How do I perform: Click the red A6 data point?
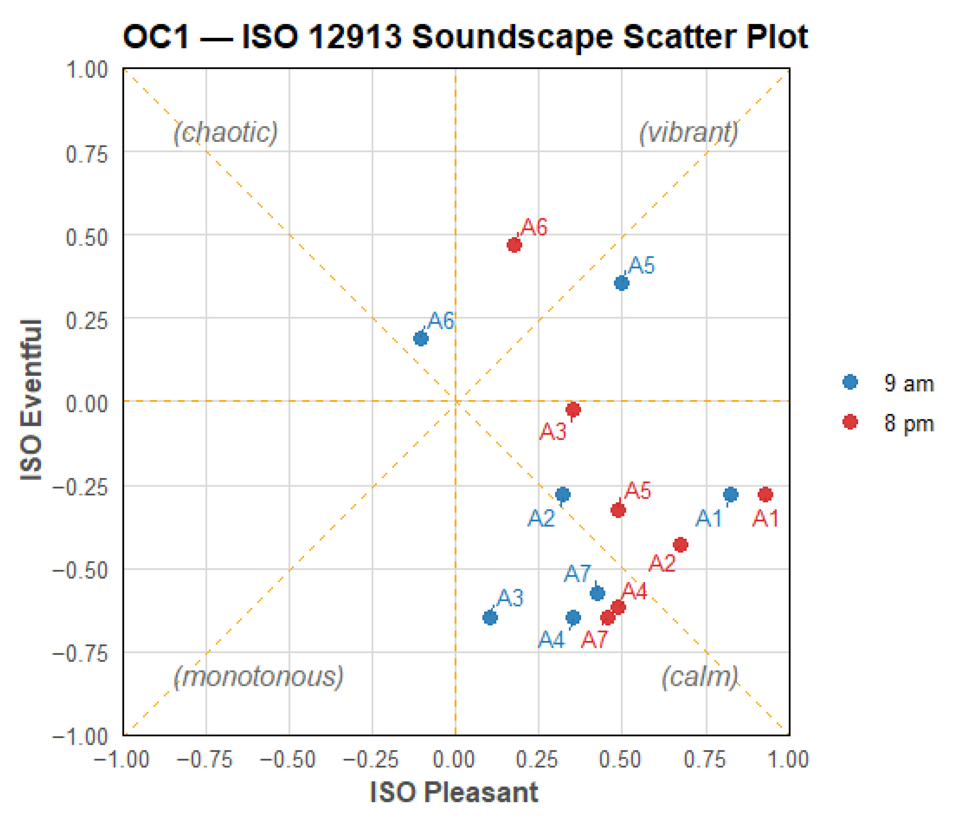coord(514,245)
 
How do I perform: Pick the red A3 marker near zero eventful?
coord(573,410)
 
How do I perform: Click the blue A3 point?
coord(490,617)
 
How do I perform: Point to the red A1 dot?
coord(765,494)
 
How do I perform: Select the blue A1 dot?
coord(731,494)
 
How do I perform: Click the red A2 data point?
coord(680,545)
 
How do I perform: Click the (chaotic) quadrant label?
coord(225,133)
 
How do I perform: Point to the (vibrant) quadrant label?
coord(688,133)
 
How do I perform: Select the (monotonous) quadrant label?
coord(259,677)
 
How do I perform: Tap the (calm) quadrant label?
coord(700,677)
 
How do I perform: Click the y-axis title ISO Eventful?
coord(31,400)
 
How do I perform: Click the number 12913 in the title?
coord(354,37)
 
